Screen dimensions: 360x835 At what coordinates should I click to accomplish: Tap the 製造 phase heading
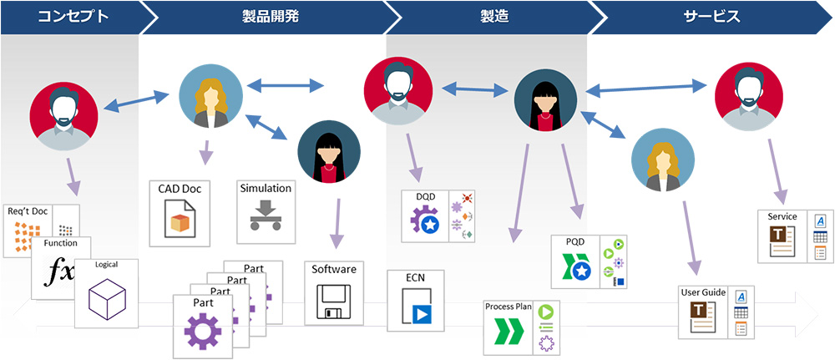493,17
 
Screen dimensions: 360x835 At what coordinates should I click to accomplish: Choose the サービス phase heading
711,17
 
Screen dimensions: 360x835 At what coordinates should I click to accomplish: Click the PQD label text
574,242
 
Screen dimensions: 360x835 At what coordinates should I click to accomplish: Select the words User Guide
704,292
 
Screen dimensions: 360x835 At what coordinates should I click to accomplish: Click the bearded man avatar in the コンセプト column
63,116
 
